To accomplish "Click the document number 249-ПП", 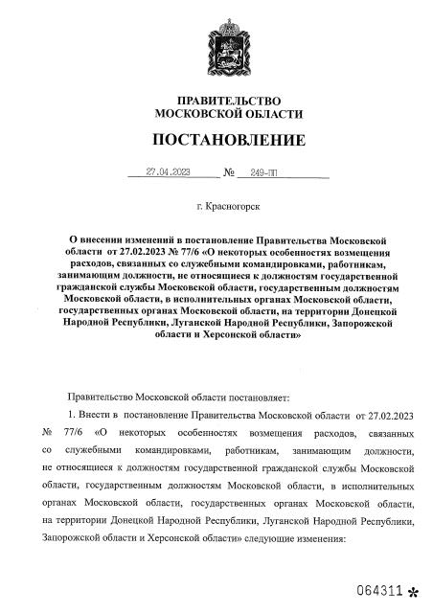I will (x=262, y=173).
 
